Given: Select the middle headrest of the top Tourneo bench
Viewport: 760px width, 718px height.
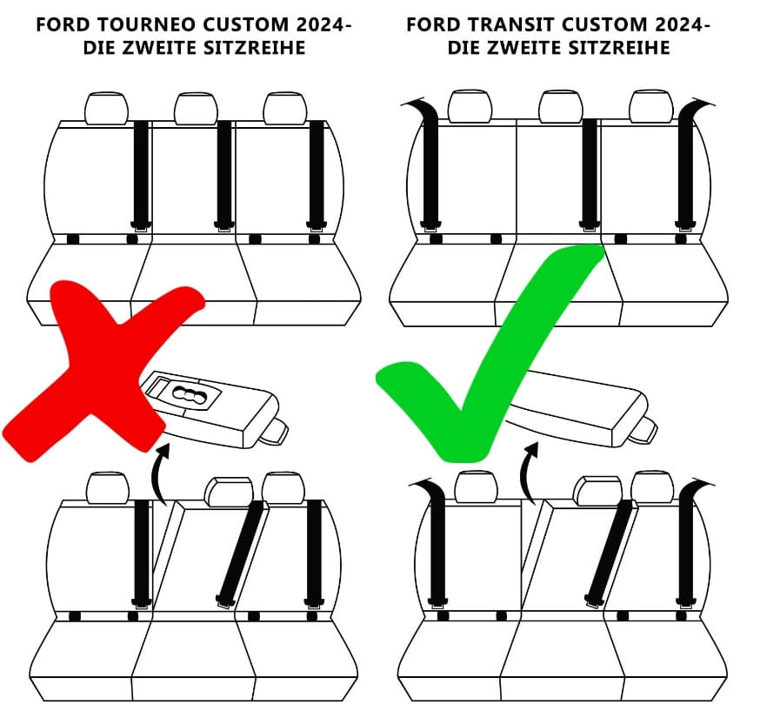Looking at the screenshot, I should click(x=195, y=109).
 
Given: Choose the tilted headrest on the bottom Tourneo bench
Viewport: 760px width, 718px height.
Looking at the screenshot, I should click(x=228, y=491).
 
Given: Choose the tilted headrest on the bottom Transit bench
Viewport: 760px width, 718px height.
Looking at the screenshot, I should click(x=597, y=490).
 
